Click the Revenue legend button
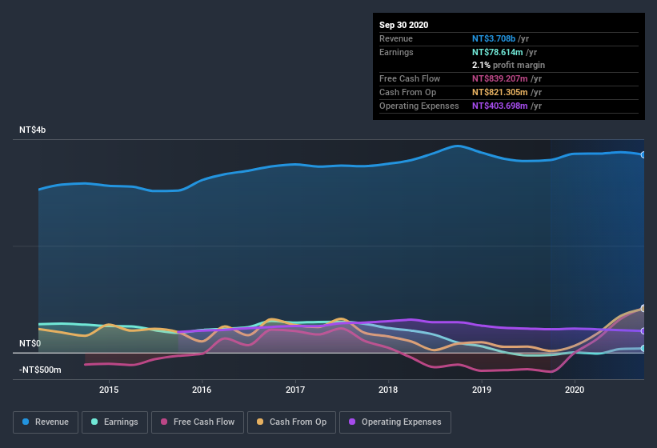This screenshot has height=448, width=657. click(46, 422)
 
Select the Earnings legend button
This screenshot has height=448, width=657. click(114, 422)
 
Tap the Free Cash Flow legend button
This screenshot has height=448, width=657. click(198, 422)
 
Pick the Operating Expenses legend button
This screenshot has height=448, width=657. click(395, 422)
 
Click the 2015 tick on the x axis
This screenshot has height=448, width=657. click(109, 390)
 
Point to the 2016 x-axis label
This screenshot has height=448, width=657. click(202, 390)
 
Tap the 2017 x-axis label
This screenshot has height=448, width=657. click(295, 390)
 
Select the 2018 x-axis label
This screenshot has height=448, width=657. click(388, 390)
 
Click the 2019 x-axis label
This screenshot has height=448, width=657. click(482, 390)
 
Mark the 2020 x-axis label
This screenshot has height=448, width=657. click(575, 390)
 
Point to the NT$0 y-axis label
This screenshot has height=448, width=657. click(30, 343)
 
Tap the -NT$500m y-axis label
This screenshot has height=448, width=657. click(40, 370)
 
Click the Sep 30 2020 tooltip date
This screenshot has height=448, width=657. click(404, 25)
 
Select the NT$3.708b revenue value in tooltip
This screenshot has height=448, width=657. click(494, 38)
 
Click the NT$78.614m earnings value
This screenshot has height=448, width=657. click(497, 51)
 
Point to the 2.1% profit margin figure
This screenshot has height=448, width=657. click(479, 65)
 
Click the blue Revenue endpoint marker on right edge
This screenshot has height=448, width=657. click(643, 154)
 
